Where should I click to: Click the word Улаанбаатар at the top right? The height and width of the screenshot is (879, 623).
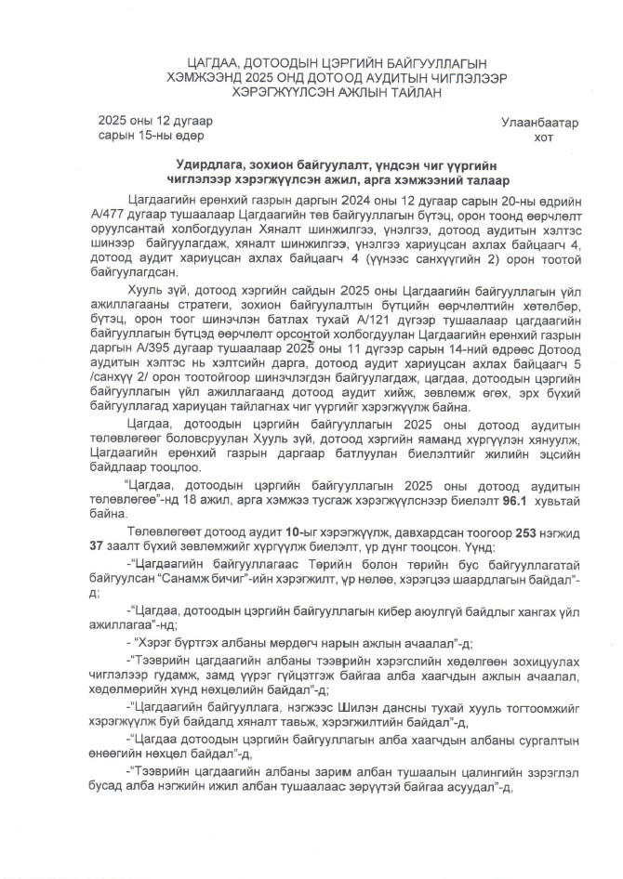pos(539,123)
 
